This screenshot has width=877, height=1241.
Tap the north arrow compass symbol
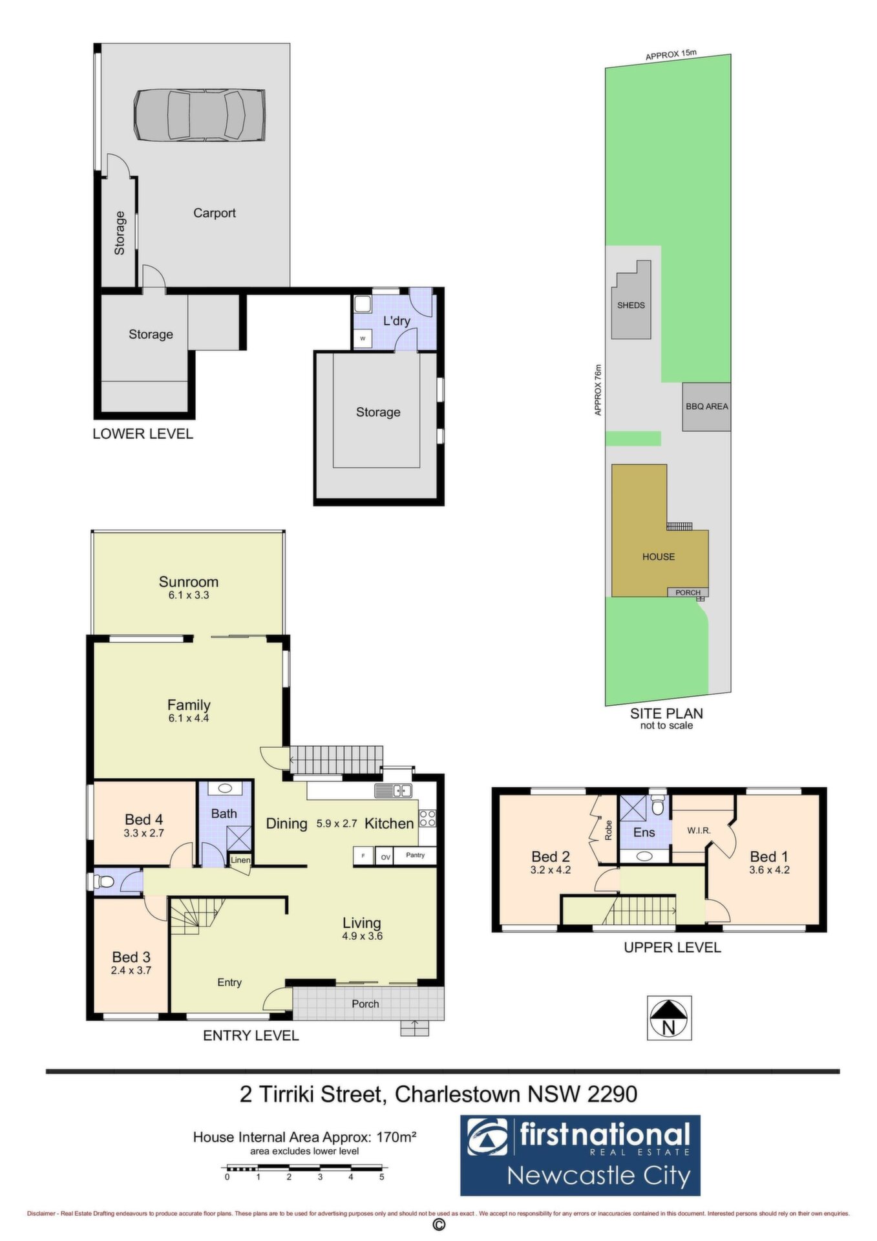tap(670, 1017)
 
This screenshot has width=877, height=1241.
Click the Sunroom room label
tap(189, 582)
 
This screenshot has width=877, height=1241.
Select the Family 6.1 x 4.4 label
tap(189, 710)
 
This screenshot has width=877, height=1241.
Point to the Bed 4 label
tap(143, 820)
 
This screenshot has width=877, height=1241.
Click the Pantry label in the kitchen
tap(416, 855)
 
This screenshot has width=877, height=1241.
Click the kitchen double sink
tap(393, 790)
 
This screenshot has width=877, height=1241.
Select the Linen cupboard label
tap(240, 860)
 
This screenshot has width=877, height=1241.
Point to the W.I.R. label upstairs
tap(699, 831)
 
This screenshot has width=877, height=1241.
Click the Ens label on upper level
tap(644, 833)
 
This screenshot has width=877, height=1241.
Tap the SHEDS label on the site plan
tap(631, 305)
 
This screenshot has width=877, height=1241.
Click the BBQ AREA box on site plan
tap(707, 407)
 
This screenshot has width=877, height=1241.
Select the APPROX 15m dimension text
tap(671, 55)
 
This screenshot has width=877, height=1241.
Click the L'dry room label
tap(396, 321)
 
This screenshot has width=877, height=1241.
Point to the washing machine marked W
tap(363, 338)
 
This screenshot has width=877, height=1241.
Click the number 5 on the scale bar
tap(382, 1177)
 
